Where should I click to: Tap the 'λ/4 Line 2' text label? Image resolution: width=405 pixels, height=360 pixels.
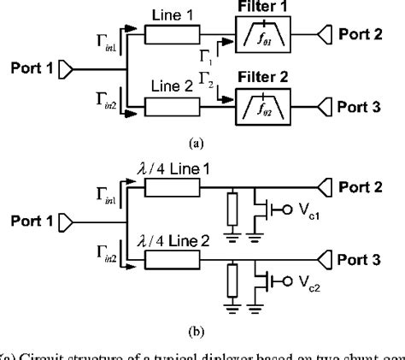[184, 241]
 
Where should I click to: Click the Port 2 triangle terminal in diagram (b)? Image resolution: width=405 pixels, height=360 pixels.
[329, 187]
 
